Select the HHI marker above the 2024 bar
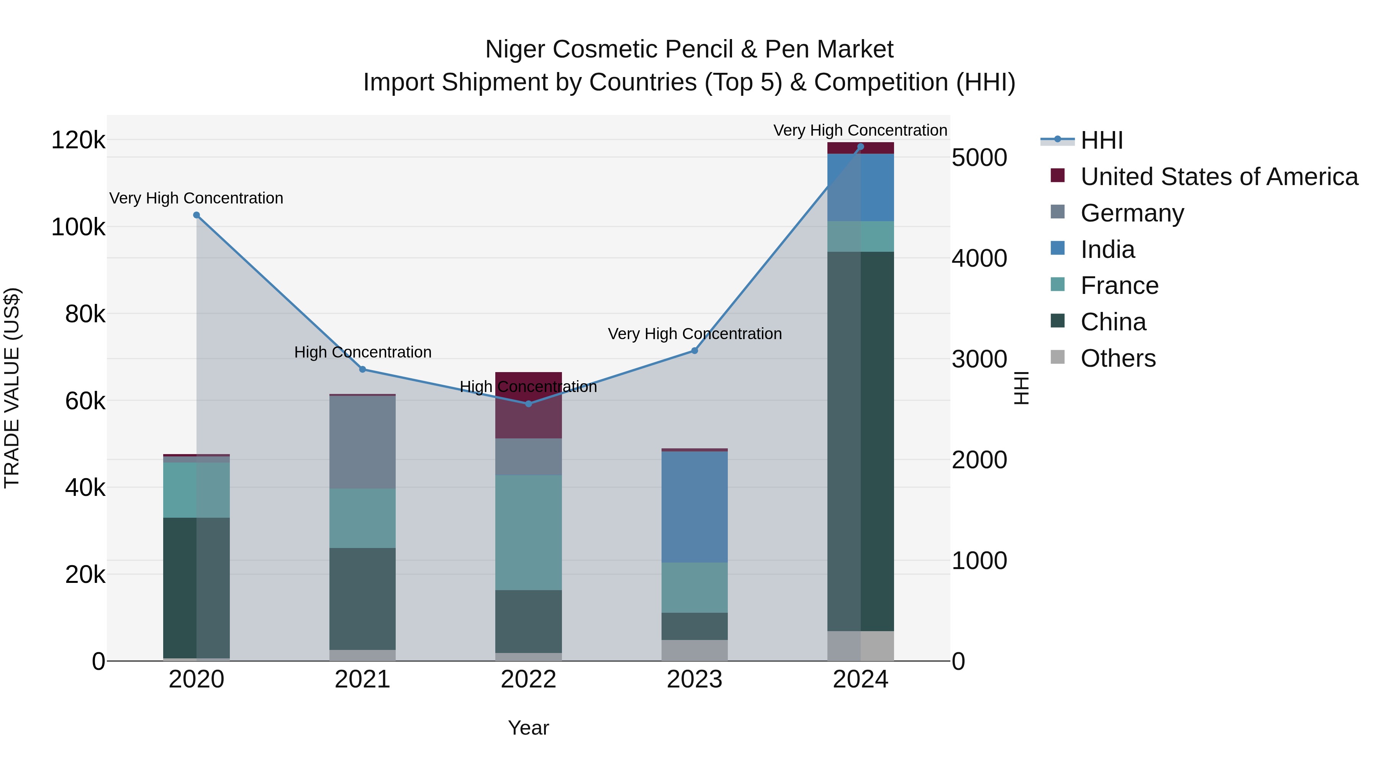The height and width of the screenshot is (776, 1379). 861,147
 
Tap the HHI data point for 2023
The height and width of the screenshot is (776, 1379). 694,351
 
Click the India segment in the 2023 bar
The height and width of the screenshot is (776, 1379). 694,507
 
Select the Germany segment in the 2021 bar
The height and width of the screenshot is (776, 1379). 362,442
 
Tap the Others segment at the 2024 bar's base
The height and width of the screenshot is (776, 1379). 861,646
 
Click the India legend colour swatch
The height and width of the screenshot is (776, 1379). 1058,248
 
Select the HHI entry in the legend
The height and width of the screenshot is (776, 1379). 1101,140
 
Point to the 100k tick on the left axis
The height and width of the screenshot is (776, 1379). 78,227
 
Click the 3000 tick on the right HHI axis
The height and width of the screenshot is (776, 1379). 979,359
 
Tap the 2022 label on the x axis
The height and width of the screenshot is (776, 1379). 528,679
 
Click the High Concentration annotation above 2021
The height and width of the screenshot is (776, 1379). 362,353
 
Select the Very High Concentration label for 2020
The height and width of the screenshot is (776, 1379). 197,198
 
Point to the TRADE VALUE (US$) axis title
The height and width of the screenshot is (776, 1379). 12,388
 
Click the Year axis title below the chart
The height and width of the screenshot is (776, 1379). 528,728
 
